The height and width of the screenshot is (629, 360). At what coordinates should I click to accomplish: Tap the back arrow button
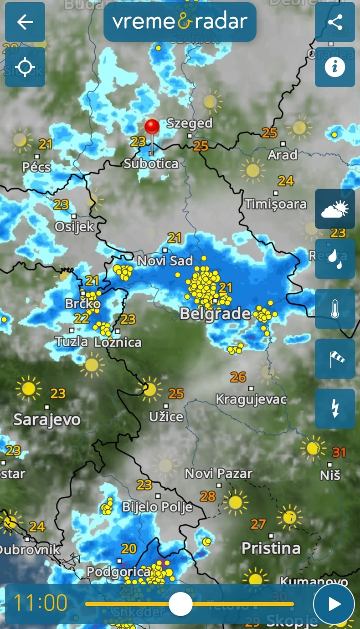click(x=25, y=22)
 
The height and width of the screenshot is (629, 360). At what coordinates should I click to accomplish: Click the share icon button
click(x=335, y=22)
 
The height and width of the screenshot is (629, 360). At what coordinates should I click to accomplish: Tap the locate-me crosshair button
click(x=25, y=67)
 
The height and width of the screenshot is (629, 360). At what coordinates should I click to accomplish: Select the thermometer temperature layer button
click(x=335, y=308)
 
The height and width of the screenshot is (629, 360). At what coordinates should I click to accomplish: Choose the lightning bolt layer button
click(x=335, y=409)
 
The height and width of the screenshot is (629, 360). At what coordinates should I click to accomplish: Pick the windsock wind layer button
click(x=335, y=358)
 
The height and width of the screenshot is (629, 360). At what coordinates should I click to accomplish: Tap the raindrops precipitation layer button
click(x=335, y=259)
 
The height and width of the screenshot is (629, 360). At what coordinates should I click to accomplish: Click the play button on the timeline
click(x=334, y=604)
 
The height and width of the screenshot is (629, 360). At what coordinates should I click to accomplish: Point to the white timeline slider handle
click(x=180, y=604)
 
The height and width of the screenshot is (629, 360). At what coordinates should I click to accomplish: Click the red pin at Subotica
click(x=152, y=127)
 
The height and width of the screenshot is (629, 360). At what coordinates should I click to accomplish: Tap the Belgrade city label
click(x=215, y=313)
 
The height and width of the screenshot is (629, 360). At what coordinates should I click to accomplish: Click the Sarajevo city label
click(x=47, y=419)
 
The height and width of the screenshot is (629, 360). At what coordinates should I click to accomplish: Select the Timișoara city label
click(x=276, y=204)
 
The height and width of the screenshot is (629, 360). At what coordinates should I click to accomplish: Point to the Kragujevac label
click(x=251, y=399)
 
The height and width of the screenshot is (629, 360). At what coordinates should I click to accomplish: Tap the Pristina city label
click(x=271, y=548)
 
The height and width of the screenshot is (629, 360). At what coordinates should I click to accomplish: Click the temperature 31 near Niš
click(x=339, y=452)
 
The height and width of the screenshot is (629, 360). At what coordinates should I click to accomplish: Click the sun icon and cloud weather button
click(x=335, y=209)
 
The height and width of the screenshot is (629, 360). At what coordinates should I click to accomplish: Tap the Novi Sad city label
click(x=165, y=261)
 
